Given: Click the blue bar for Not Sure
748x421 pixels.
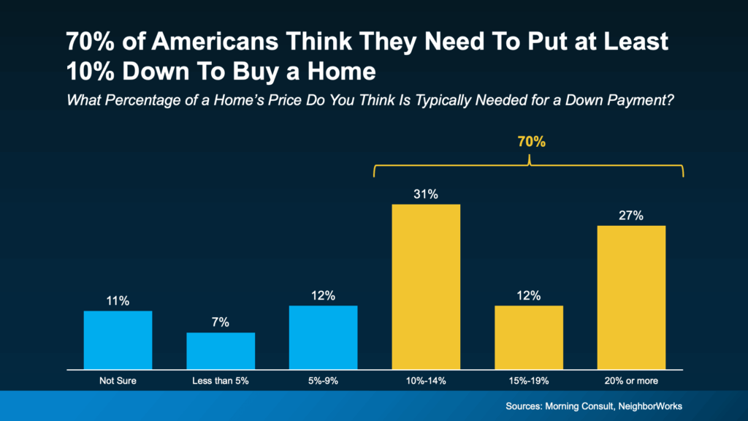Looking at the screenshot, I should [118, 340].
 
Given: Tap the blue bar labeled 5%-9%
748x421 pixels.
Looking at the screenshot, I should [324, 337].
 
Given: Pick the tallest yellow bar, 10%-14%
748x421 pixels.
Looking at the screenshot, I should [426, 287].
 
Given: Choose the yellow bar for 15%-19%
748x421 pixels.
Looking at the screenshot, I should [529, 337].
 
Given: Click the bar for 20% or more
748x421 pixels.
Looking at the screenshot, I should [632, 297].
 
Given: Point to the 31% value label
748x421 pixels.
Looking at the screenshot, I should [426, 194].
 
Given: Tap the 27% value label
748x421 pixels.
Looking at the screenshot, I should [632, 216].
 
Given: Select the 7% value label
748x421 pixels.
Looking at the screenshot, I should [221, 322].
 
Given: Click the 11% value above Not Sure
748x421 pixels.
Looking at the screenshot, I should [118, 301].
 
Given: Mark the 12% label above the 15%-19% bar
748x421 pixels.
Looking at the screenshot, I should [529, 296].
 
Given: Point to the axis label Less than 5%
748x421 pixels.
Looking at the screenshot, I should [221, 380].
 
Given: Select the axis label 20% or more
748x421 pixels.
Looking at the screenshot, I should [632, 380].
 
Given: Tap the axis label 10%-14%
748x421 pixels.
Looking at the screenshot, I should [426, 380].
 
